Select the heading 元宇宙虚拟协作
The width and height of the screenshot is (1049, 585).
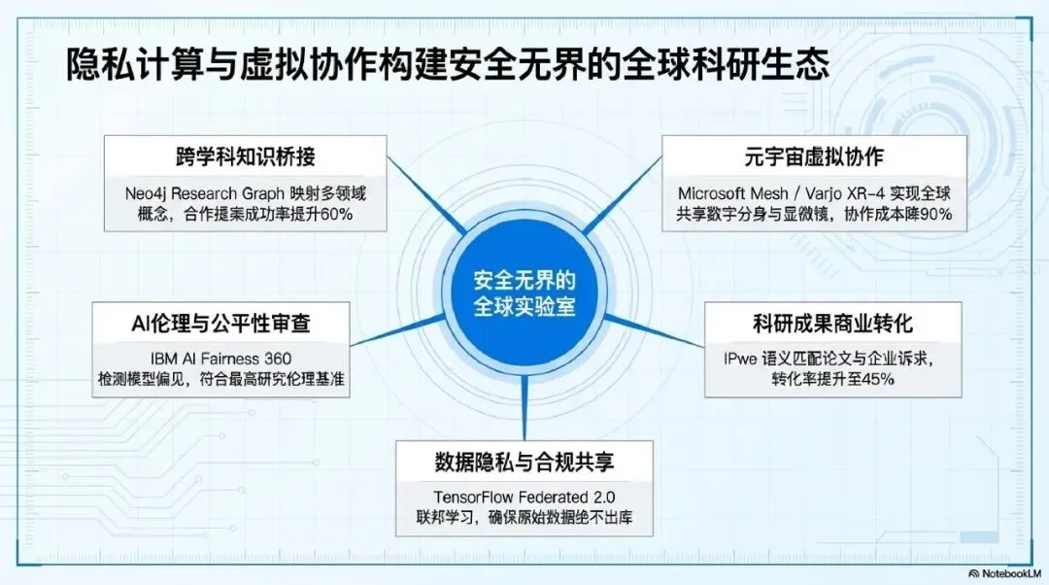click(815, 156)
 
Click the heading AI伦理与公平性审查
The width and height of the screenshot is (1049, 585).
click(221, 321)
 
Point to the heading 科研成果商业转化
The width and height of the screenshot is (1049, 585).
click(832, 322)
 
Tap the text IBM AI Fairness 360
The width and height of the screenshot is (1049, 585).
click(221, 358)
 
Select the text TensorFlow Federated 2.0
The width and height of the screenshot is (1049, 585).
click(524, 495)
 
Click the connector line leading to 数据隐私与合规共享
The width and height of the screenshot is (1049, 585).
click(524, 403)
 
